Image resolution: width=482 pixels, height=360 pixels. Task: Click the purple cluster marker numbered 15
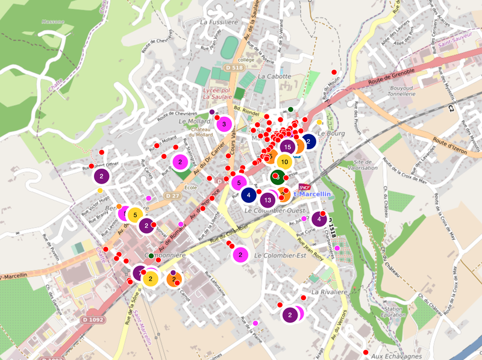[x=287, y=146]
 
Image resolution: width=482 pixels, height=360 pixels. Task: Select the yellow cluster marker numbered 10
[x=284, y=161]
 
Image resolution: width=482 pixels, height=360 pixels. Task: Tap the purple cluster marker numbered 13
[x=268, y=199]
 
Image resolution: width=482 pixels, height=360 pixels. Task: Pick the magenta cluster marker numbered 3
[x=224, y=124]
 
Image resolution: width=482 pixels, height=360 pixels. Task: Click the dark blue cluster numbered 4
[x=249, y=194]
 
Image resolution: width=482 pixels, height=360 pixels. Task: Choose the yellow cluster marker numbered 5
[x=136, y=214]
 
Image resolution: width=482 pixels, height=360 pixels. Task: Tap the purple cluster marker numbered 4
[x=319, y=219]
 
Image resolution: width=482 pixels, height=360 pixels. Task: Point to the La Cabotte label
[x=274, y=76]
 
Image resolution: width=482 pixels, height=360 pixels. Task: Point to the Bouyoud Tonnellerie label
[x=397, y=91]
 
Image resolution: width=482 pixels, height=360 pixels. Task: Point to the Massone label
[x=52, y=22]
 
